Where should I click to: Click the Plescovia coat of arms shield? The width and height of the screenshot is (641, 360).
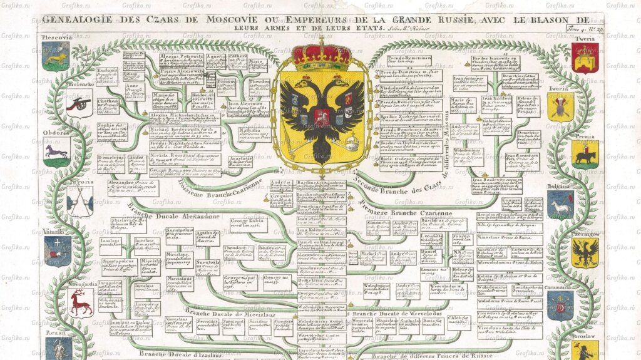tap(56, 57)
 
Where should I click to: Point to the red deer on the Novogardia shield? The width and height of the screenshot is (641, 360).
tap(79, 303)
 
